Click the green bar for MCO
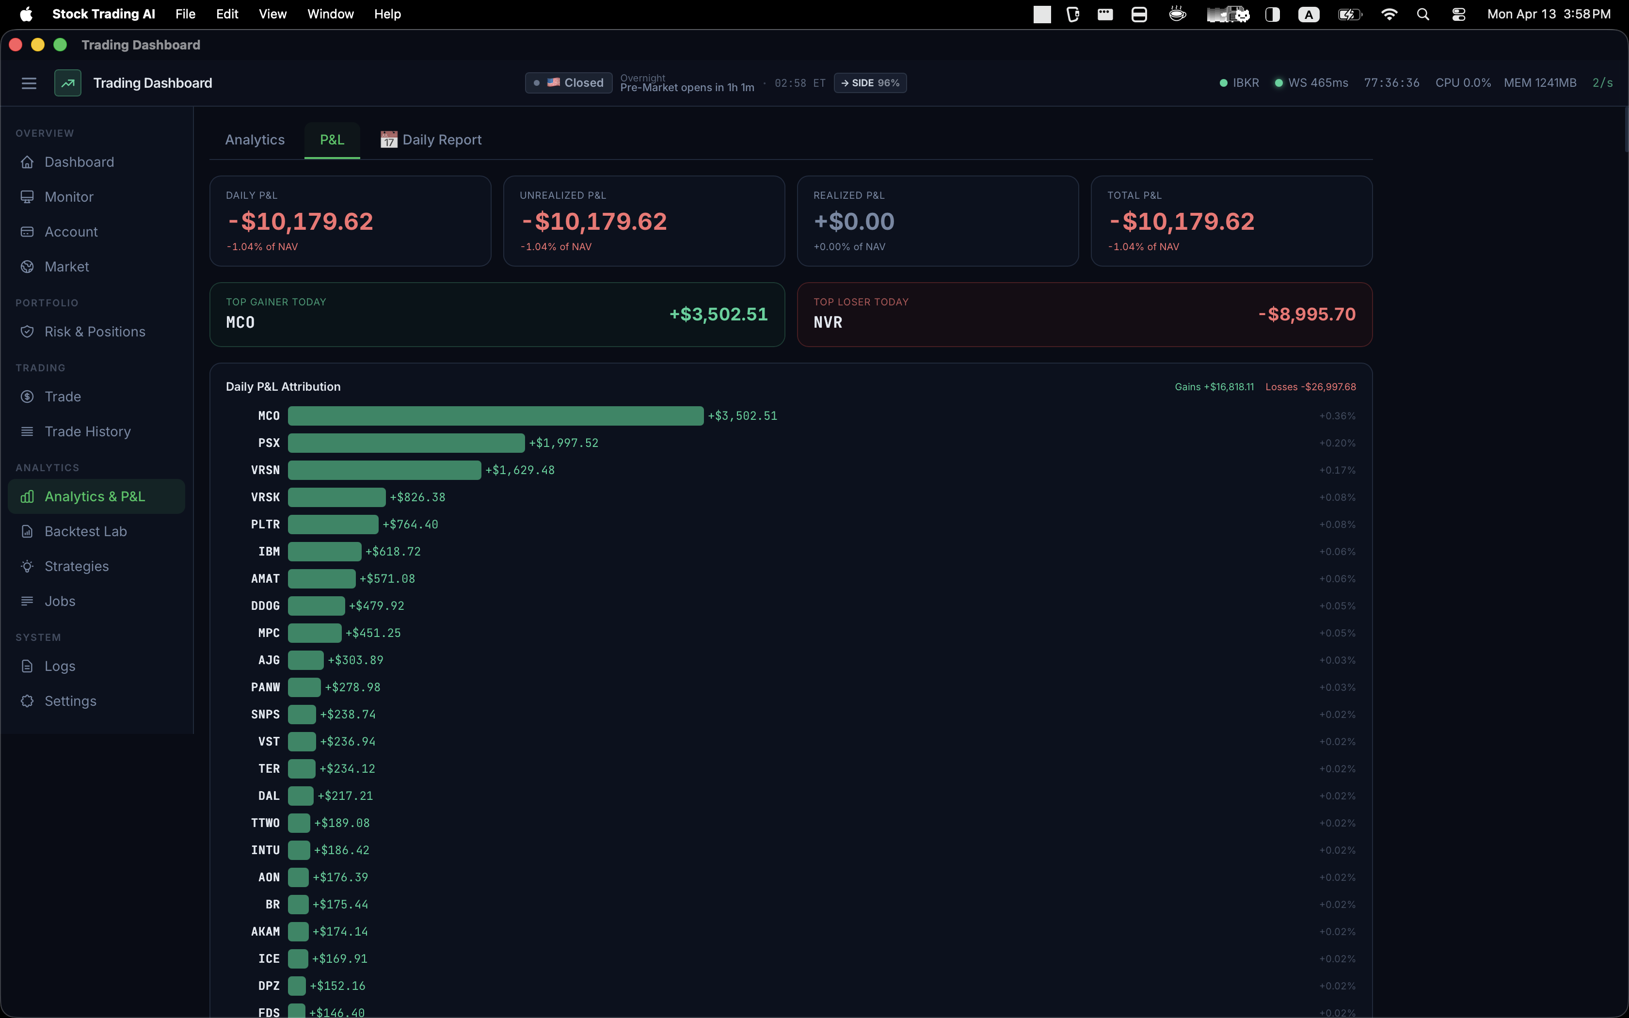[495, 416]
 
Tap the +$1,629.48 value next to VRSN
[520, 470]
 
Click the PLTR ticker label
[265, 525]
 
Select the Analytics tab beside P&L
[255, 140]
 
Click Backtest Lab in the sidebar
[85, 531]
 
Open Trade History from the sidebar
[87, 431]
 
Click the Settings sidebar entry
[70, 701]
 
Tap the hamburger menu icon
[29, 83]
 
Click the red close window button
[16, 45]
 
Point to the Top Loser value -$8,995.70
[1307, 315]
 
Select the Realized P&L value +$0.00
[854, 222]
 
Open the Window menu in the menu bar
[330, 14]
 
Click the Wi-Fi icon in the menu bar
[1389, 14]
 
